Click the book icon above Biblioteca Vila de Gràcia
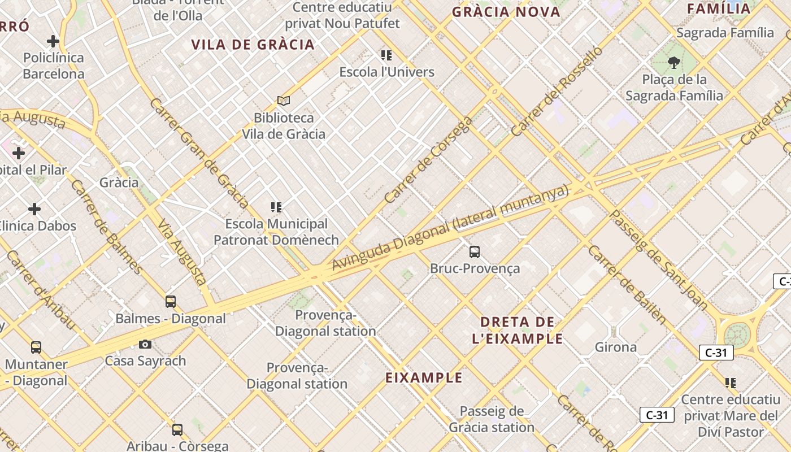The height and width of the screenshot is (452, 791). tap(284, 101)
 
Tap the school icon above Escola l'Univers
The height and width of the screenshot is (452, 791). tap(386, 55)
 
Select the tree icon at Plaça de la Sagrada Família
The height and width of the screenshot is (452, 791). tap(673, 62)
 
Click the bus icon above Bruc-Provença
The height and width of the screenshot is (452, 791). tap(475, 252)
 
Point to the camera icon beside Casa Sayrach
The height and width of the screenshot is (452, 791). tap(145, 344)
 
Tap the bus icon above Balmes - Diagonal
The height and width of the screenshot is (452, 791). tap(171, 302)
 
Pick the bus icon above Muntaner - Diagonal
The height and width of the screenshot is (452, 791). tap(36, 347)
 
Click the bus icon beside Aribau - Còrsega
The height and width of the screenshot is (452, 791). tap(177, 430)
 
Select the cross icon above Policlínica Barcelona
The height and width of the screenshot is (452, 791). tap(53, 41)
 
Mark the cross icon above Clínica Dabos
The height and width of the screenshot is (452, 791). tap(34, 209)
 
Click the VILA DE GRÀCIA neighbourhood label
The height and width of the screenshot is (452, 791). tap(253, 45)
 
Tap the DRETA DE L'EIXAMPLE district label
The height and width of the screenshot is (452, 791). tap(517, 331)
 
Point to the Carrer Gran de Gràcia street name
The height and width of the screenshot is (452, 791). tap(199, 153)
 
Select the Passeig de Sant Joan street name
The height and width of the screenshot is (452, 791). tap(659, 260)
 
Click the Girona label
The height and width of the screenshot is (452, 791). tap(616, 347)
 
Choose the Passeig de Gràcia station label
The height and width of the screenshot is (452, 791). tap(492, 419)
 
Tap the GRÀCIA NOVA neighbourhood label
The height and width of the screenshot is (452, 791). tap(506, 12)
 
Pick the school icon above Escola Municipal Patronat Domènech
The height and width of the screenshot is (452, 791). tap(276, 207)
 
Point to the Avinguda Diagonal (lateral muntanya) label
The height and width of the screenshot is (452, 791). tap(450, 228)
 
